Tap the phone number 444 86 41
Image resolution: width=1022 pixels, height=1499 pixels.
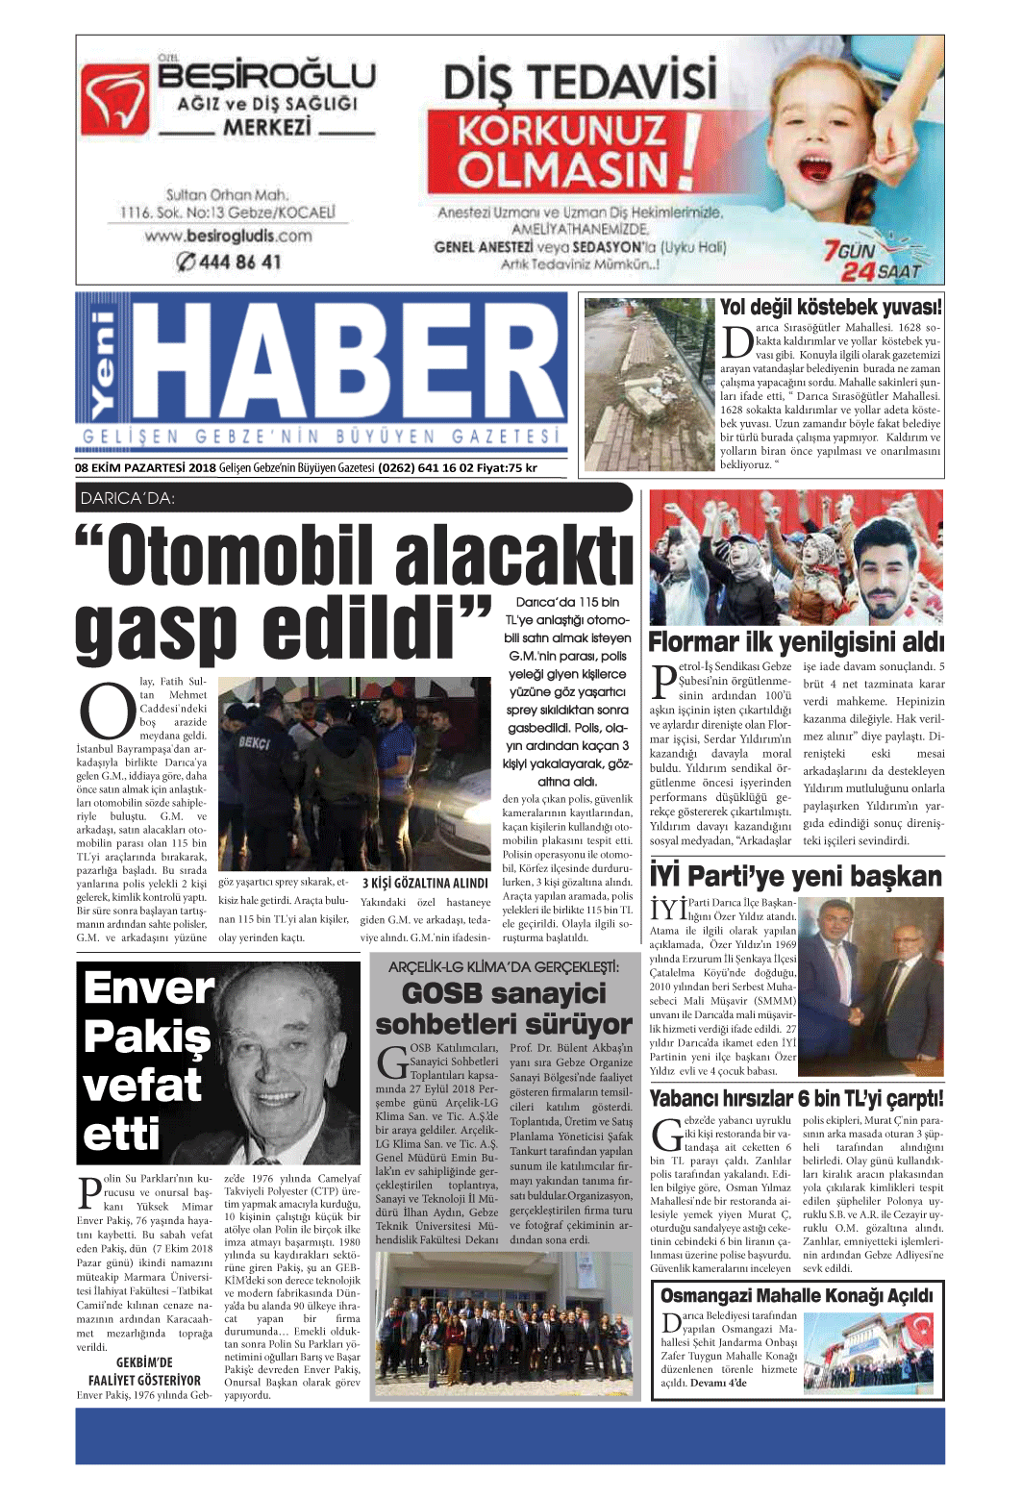(x=229, y=262)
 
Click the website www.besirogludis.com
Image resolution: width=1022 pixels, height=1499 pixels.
(x=228, y=236)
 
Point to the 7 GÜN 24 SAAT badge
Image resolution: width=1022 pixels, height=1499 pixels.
(x=871, y=261)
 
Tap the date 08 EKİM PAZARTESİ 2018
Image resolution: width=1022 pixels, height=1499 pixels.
(x=145, y=468)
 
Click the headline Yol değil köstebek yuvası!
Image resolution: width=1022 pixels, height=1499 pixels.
(x=831, y=308)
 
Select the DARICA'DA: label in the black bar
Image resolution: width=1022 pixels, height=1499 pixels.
(x=128, y=498)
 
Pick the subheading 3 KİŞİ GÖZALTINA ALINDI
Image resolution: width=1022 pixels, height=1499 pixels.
(x=425, y=883)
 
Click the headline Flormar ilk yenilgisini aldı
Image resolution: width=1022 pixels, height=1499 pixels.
(x=796, y=641)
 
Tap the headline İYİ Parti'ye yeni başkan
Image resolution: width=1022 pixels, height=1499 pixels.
(x=796, y=876)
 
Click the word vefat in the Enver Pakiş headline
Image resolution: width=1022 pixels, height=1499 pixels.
(x=142, y=1087)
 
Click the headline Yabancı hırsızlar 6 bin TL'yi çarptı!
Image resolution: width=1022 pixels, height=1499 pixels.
(x=796, y=1099)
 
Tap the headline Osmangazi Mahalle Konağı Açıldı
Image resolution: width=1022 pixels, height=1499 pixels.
(x=796, y=1295)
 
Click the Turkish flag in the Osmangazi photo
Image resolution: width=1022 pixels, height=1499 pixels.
(x=919, y=1331)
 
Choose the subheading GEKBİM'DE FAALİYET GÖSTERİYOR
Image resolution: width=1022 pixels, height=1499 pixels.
(x=144, y=1371)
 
